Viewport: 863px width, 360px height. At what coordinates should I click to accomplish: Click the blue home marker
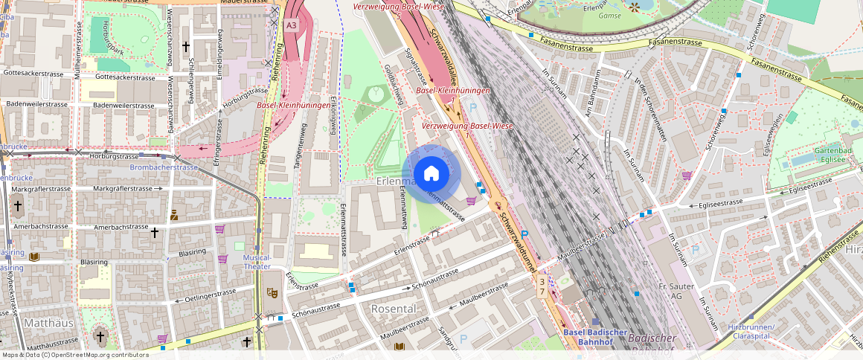pyautogui.click(x=431, y=174)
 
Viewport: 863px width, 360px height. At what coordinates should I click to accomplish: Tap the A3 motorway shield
pyautogui.click(x=291, y=25)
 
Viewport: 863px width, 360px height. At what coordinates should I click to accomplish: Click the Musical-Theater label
pyautogui.click(x=257, y=262)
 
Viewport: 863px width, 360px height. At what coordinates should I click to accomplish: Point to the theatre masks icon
pyautogui.click(x=272, y=294)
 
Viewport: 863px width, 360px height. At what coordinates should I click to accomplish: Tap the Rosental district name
pyautogui.click(x=393, y=308)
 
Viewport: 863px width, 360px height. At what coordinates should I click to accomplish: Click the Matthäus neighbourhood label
pyautogui.click(x=48, y=324)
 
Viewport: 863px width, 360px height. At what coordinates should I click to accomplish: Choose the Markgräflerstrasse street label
pyautogui.click(x=123, y=189)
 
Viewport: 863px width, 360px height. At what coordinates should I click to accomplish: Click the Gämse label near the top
pyautogui.click(x=609, y=15)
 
